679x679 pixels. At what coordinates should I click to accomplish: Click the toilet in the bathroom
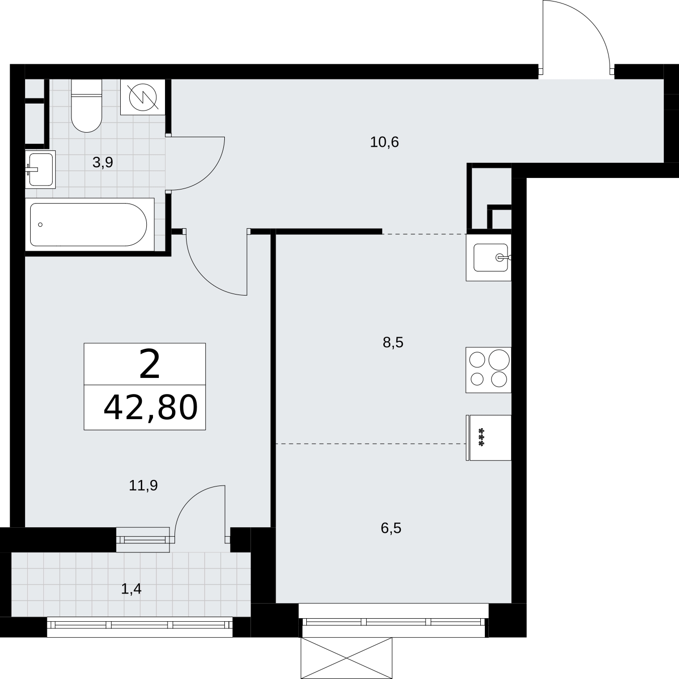click(x=87, y=105)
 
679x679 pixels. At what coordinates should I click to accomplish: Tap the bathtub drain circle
click(x=40, y=225)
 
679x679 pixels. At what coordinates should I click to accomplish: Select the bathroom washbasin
click(x=40, y=169)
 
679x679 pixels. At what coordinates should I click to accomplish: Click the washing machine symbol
click(x=143, y=97)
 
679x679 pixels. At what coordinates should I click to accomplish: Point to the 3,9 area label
click(x=103, y=162)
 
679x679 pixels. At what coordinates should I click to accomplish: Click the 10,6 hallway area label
click(x=384, y=142)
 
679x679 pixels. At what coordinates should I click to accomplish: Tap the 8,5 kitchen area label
click(x=393, y=342)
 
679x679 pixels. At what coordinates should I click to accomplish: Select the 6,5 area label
click(x=391, y=528)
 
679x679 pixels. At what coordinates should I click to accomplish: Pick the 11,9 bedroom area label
click(x=143, y=486)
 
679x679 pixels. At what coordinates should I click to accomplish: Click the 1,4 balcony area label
click(x=131, y=589)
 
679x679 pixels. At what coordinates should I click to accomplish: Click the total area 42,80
click(x=150, y=408)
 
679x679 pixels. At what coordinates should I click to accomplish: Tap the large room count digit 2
click(x=149, y=364)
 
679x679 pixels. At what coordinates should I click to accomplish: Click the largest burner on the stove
click(x=499, y=360)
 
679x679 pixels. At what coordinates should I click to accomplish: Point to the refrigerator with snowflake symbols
click(x=488, y=438)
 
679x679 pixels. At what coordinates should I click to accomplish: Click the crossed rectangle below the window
click(x=347, y=657)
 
